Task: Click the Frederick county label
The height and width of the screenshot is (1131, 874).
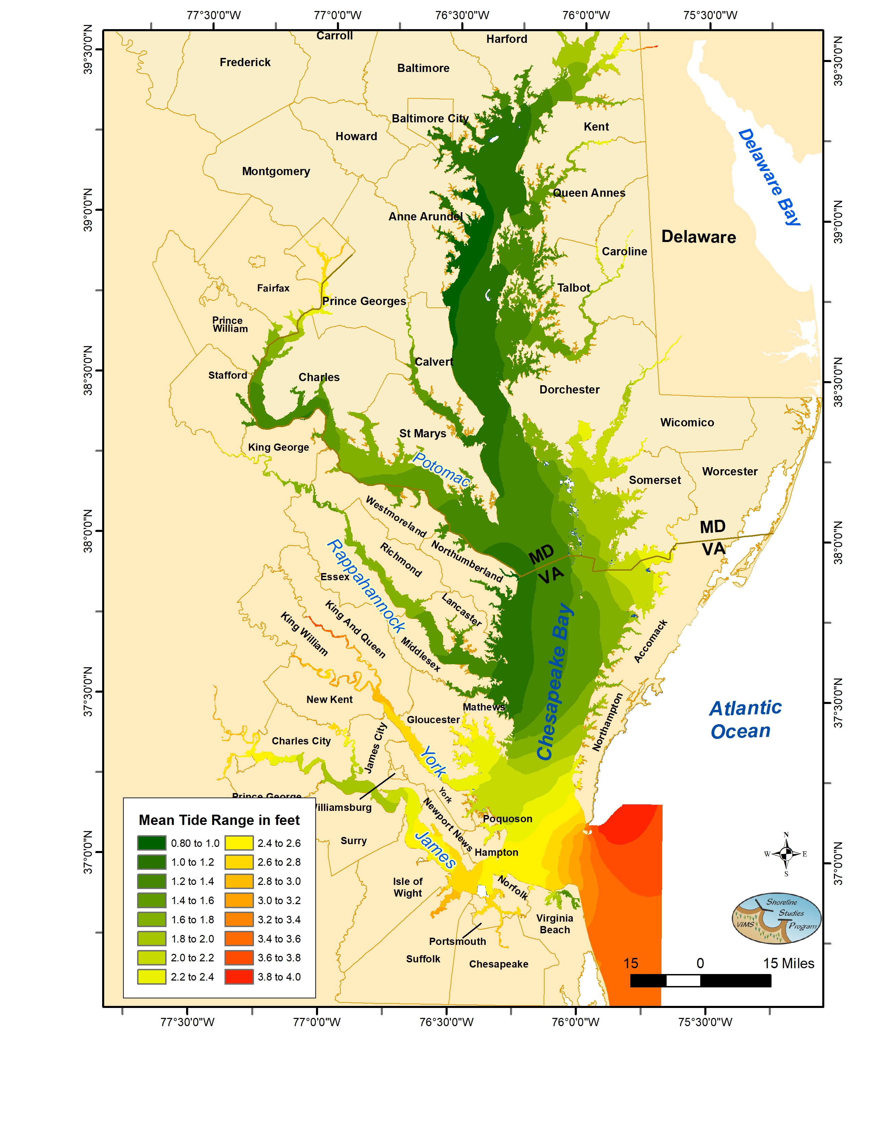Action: (x=245, y=62)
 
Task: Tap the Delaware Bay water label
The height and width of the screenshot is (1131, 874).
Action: (x=769, y=177)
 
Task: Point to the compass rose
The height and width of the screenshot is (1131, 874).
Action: (x=786, y=854)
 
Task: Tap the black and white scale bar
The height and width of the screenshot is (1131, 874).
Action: (x=700, y=980)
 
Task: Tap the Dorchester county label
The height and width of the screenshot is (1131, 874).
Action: (x=569, y=389)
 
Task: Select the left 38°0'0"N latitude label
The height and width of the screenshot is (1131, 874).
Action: (x=88, y=531)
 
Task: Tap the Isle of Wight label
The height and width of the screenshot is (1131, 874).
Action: (x=408, y=887)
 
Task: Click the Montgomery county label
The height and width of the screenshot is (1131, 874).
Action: (x=276, y=171)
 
